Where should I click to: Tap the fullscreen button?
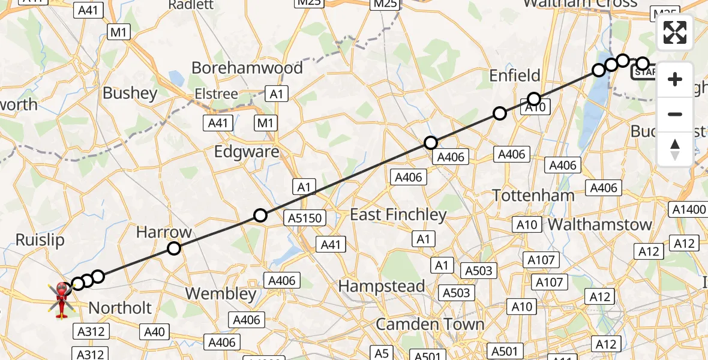coord(675,32)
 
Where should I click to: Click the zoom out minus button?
coord(675,114)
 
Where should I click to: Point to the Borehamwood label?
coord(247,68)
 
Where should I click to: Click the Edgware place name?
coord(247,151)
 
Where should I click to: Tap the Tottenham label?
coord(533,195)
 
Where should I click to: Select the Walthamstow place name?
coord(600,224)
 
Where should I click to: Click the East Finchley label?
coord(398,214)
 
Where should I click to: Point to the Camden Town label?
coord(430,324)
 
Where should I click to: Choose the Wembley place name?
coord(221,293)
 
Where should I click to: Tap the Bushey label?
coord(130,93)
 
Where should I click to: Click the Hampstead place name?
coord(382,286)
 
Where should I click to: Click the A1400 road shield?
coord(688,209)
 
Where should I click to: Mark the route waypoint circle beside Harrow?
coord(173,248)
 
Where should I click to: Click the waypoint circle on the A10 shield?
coord(534,99)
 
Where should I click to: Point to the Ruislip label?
coord(40,240)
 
